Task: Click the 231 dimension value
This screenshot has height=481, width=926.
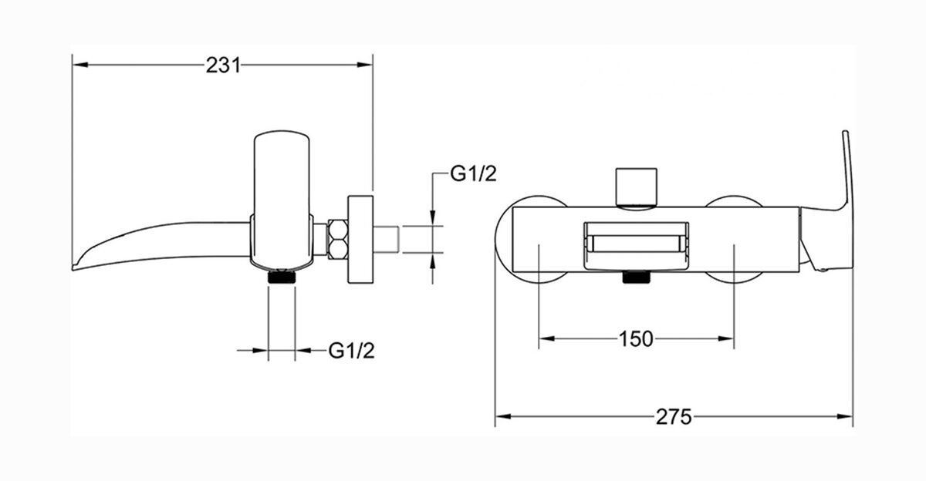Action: point(223,66)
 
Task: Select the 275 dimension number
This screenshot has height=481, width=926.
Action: point(674,416)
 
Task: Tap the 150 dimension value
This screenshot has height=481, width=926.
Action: point(636,339)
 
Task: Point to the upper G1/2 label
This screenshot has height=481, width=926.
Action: point(473,173)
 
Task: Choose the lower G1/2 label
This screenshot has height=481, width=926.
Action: point(351,351)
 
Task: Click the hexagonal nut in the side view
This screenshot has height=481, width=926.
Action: point(338,240)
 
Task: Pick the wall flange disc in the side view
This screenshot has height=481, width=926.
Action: point(360,240)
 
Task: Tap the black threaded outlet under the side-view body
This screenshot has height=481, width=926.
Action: point(282,277)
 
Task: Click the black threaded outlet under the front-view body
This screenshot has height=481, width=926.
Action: point(636,277)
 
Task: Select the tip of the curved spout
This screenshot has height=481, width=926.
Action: point(73,268)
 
